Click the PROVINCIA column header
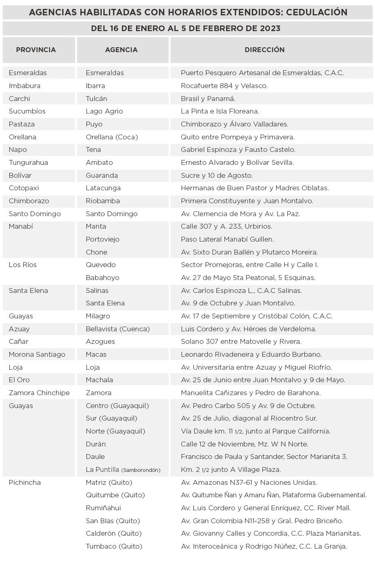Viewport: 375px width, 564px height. tap(36, 50)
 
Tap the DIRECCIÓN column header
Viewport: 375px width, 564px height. tap(264, 50)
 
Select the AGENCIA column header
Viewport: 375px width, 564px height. tap(121, 50)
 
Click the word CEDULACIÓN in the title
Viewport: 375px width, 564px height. tap(316, 12)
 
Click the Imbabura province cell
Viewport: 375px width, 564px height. tap(24, 86)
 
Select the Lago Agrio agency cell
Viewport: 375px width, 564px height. tap(104, 111)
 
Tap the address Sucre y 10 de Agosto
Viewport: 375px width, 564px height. tap(217, 175)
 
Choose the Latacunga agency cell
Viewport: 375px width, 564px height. tap(103, 188)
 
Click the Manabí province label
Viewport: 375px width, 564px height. tap(21, 226)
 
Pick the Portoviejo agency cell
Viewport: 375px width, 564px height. tap(103, 239)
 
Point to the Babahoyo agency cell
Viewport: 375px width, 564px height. tap(103, 278)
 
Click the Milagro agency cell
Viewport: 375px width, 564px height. tap(98, 316)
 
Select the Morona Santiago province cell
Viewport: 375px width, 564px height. tap(37, 354)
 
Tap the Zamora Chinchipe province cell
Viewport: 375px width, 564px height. tap(39, 393)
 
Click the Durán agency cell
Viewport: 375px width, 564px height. tap(96, 444)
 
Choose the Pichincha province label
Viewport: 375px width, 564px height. tap(25, 482)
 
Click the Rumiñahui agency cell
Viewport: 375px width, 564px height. tap(103, 508)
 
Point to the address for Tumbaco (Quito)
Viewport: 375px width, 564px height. tap(264, 546)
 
